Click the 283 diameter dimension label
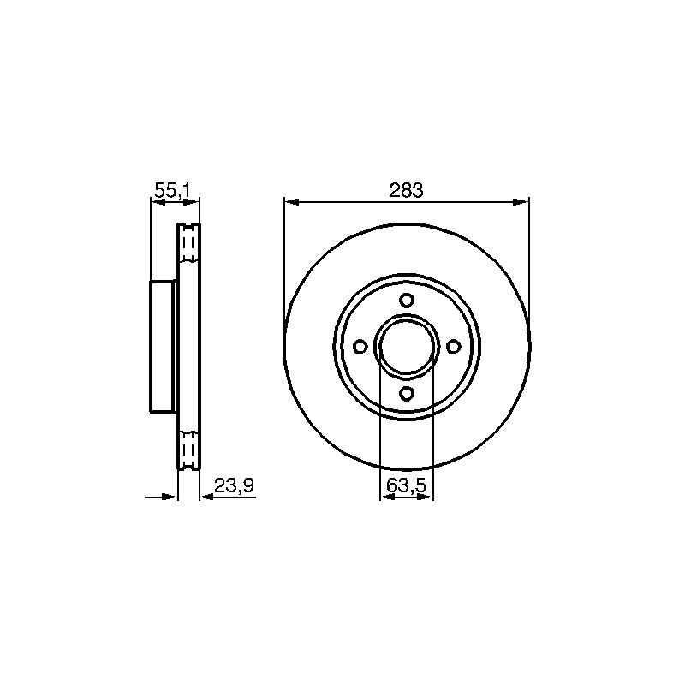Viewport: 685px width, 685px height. pos(406,191)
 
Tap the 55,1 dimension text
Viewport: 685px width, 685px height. pos(172,191)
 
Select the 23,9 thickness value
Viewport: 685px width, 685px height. pos(234,485)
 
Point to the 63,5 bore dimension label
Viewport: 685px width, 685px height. pos(406,485)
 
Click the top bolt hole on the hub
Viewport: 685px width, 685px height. pos(407,301)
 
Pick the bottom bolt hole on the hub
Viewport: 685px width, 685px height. pos(407,394)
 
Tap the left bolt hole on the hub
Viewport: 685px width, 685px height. pos(360,347)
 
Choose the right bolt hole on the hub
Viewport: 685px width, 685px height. pos(454,347)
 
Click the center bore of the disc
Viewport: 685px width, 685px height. pos(407,347)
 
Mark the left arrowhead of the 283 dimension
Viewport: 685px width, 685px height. pos(292,202)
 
